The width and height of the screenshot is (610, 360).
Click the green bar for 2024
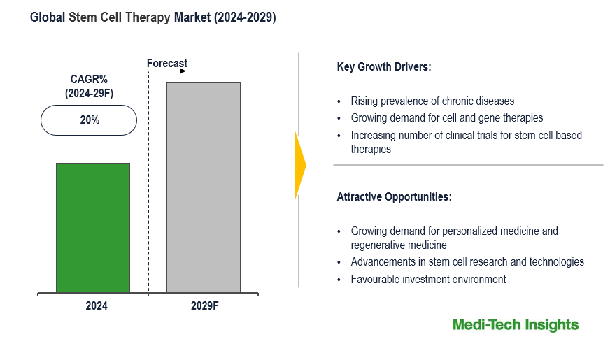tap(93, 227)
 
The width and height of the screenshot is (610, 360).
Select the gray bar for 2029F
tap(203, 187)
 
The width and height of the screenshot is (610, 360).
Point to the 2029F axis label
tap(204, 305)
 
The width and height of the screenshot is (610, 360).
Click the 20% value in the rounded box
tap(90, 120)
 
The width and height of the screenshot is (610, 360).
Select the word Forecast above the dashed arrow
tap(167, 64)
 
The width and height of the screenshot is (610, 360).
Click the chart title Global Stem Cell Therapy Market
tap(152, 18)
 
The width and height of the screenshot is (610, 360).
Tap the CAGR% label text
tap(89, 80)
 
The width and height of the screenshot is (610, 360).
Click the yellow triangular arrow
tap(300, 166)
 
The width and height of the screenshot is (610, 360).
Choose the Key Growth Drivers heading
tap(384, 68)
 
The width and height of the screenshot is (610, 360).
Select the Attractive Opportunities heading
tap(395, 197)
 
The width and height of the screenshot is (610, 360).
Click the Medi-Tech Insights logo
tap(516, 324)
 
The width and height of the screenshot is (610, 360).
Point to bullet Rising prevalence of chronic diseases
tap(432, 101)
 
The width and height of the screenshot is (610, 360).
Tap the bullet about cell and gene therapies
tap(446, 118)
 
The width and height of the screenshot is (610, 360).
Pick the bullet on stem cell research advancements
tap(467, 262)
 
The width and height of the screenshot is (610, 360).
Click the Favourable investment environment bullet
tap(428, 280)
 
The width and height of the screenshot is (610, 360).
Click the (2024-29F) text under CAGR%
tap(89, 94)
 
